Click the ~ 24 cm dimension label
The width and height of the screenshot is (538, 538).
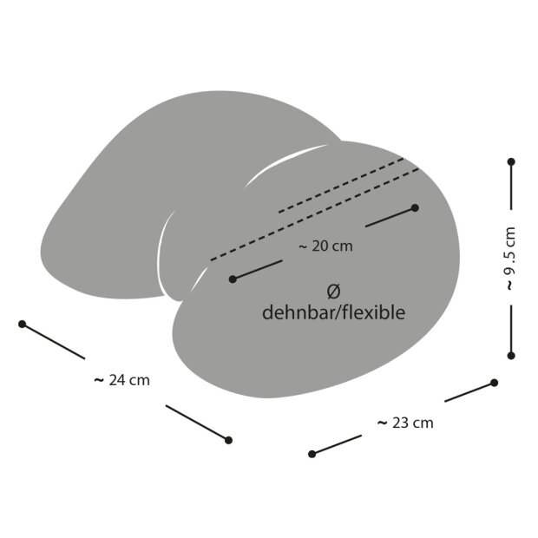click(x=122, y=381)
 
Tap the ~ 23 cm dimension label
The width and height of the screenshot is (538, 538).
click(x=405, y=423)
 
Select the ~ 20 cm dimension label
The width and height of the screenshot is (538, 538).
click(x=325, y=246)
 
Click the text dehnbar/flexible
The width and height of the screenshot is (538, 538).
click(x=333, y=312)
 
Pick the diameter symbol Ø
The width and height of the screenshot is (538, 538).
click(x=333, y=292)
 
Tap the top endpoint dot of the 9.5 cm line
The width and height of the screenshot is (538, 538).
click(x=511, y=161)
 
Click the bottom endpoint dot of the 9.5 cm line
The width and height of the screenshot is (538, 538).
click(x=511, y=356)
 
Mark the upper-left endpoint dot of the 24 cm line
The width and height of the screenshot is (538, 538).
click(x=23, y=324)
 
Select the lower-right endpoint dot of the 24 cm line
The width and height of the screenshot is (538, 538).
click(x=228, y=440)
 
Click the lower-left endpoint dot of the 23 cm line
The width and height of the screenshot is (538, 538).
click(x=312, y=454)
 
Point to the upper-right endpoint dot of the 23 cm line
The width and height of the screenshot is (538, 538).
click(x=494, y=383)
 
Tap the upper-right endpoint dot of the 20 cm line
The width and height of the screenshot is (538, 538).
click(x=415, y=207)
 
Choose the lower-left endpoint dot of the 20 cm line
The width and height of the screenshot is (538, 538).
click(x=233, y=279)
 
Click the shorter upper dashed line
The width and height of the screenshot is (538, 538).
click(x=341, y=186)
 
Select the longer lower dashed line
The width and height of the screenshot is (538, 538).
click(x=315, y=215)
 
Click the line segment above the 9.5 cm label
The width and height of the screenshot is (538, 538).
click(x=511, y=186)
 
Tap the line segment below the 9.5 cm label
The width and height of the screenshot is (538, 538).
click(x=511, y=331)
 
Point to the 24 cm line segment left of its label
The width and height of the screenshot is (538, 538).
click(x=54, y=341)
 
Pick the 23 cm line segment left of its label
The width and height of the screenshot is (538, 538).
click(x=337, y=444)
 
